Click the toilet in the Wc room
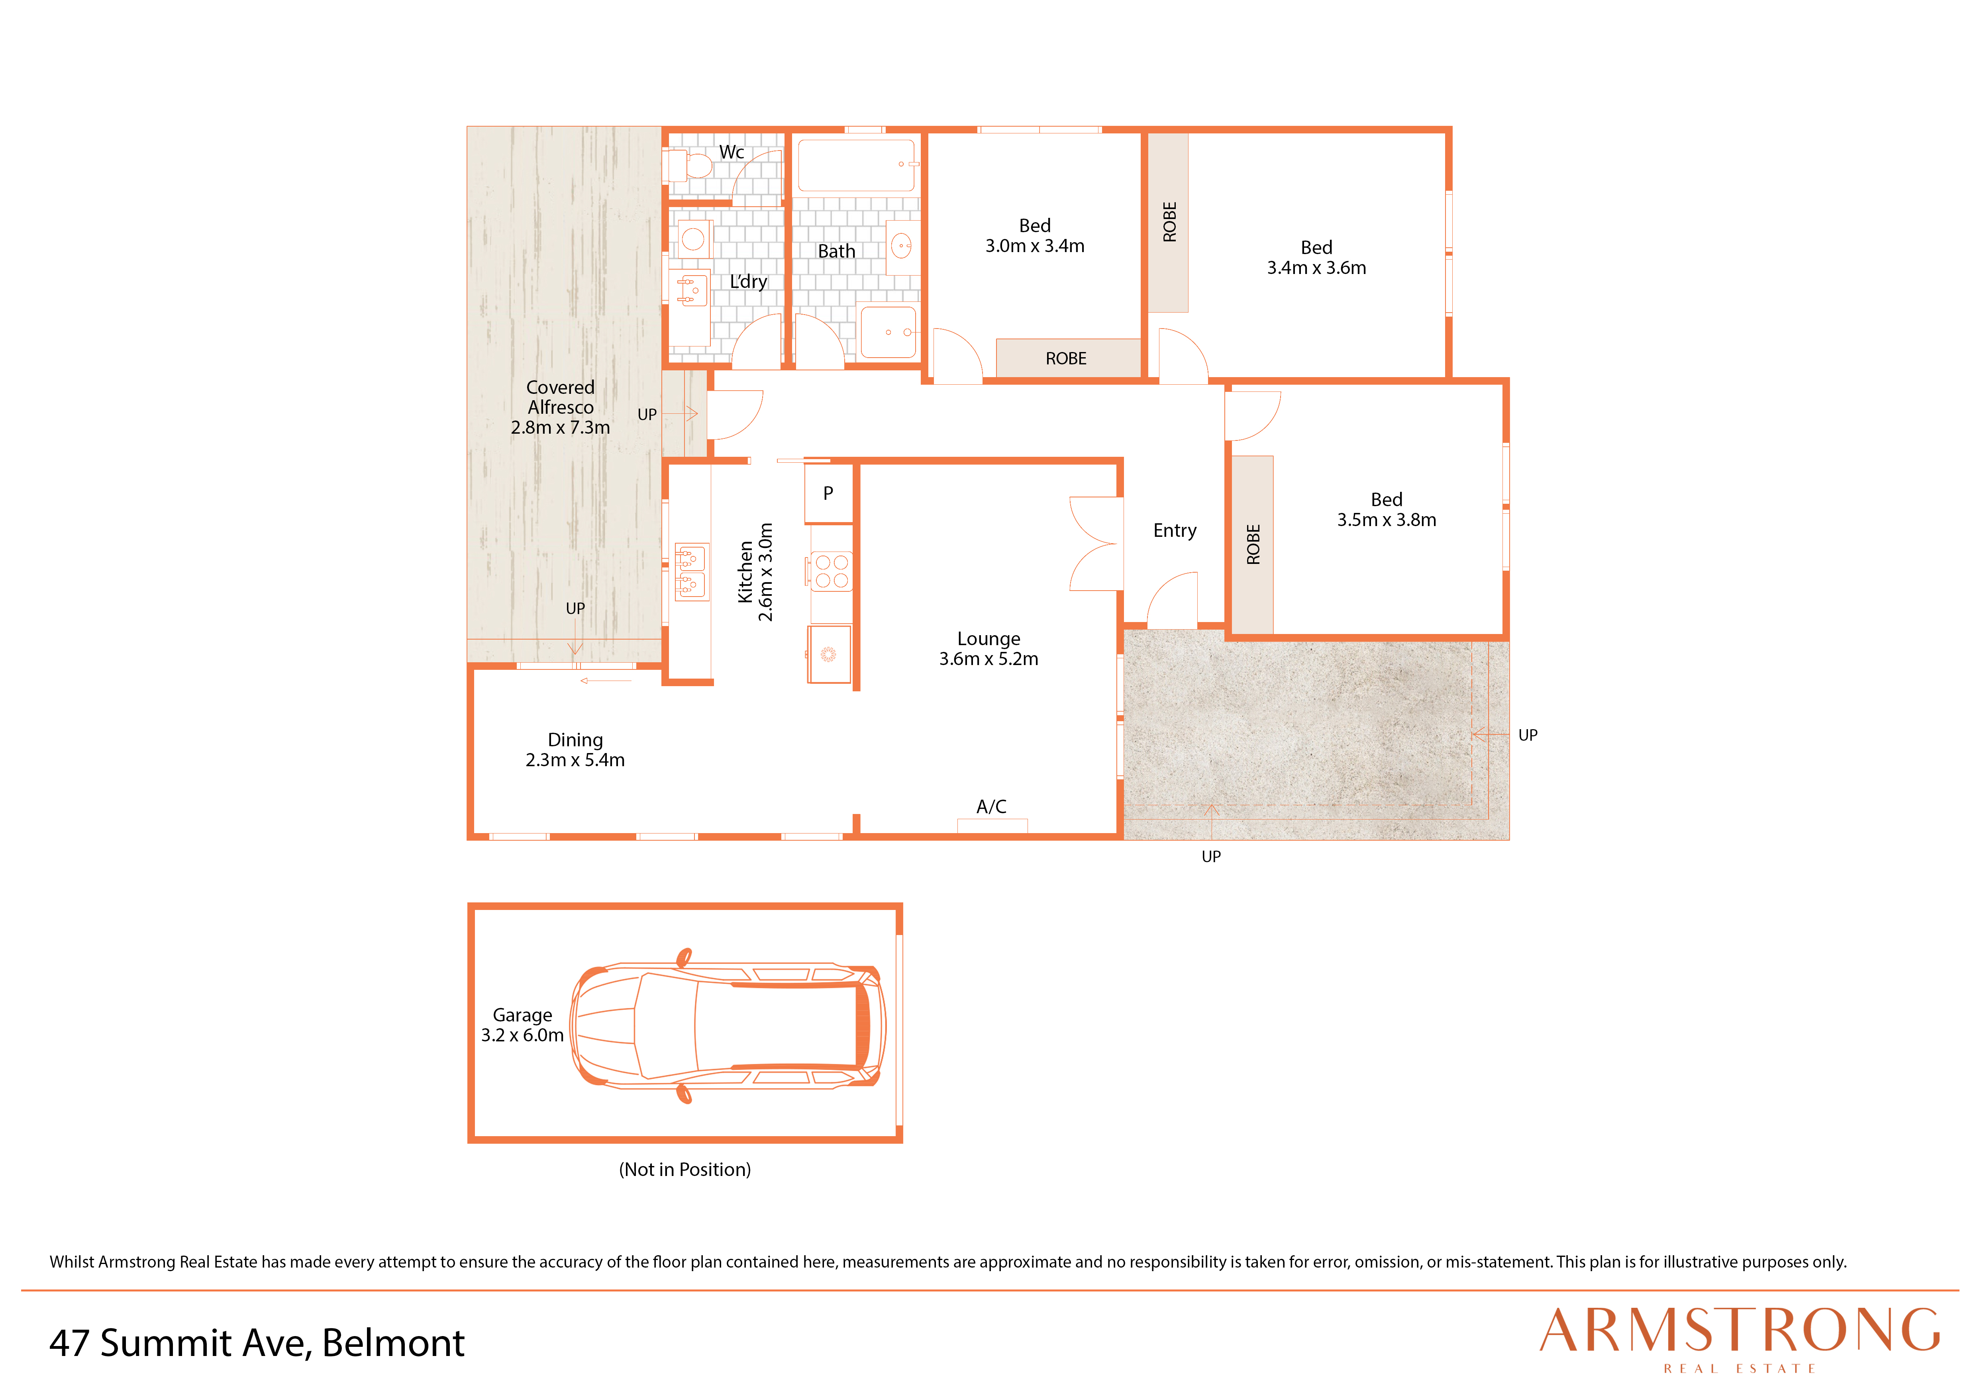(690, 164)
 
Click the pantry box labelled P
(828, 493)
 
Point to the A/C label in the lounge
(991, 806)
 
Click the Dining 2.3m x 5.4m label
(575, 750)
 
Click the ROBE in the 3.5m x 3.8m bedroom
(1253, 545)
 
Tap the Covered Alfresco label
(561, 407)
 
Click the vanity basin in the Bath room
(902, 247)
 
